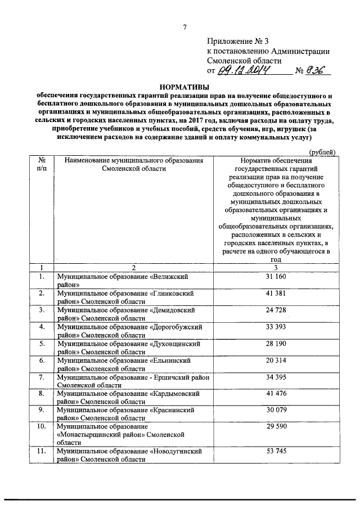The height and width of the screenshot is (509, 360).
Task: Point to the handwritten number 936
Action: click(x=319, y=71)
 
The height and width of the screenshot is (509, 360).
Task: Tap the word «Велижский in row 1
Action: click(x=169, y=277)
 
